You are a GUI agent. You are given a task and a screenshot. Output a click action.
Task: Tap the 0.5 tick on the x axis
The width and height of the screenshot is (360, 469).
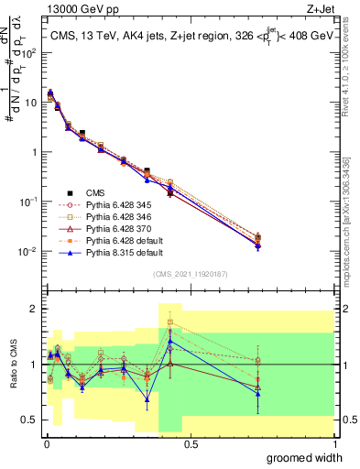pyautogui.click(x=191, y=443)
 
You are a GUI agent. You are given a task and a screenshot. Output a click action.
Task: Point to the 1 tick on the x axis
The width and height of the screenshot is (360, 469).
pyautogui.click(x=335, y=443)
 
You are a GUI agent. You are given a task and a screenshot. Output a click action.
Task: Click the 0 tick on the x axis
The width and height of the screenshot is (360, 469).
pyautogui.click(x=45, y=443)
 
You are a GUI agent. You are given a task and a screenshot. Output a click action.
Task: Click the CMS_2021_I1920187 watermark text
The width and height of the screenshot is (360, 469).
pyautogui.click(x=190, y=274)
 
